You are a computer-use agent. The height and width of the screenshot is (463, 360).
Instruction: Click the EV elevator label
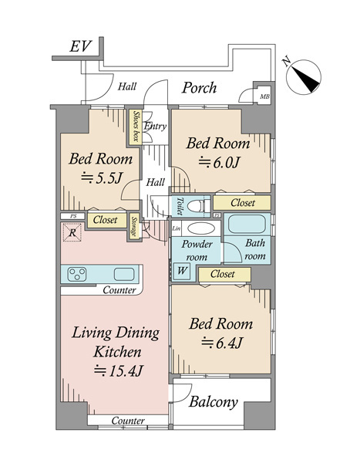(81, 46)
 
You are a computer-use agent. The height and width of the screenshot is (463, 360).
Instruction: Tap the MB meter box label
(264, 96)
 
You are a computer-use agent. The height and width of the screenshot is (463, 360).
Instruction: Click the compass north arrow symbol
(304, 76)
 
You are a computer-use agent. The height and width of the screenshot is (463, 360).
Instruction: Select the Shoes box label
(136, 126)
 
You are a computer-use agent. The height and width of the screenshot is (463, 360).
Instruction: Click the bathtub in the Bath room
(247, 224)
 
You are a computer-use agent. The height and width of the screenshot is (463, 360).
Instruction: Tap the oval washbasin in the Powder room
(201, 228)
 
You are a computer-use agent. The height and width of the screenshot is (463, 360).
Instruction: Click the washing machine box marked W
(182, 271)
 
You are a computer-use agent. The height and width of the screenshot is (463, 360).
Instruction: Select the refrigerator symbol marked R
(72, 232)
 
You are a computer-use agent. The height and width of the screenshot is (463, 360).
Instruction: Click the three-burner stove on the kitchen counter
(77, 274)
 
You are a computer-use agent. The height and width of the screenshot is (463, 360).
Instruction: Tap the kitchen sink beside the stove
(124, 274)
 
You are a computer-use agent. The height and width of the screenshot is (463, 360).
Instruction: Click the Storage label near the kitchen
(135, 226)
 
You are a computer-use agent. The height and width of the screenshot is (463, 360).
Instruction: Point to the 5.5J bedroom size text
(102, 177)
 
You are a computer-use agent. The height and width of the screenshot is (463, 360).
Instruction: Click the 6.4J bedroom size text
(222, 343)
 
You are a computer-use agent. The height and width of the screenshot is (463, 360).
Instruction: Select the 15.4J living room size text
(119, 370)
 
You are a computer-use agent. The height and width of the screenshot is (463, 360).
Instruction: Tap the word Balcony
(213, 402)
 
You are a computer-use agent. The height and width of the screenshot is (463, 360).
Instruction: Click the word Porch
(199, 87)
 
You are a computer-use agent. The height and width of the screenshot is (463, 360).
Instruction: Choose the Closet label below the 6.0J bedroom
(243, 202)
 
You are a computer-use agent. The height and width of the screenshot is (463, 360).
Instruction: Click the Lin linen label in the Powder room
(177, 228)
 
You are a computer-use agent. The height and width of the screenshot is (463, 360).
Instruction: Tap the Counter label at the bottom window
(128, 421)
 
